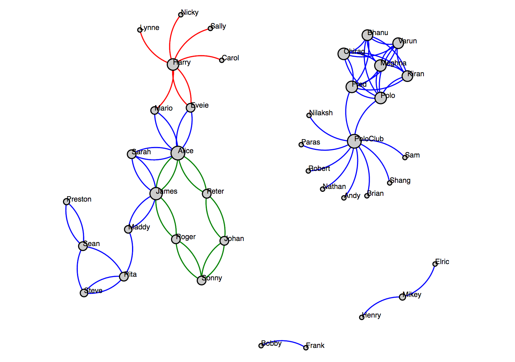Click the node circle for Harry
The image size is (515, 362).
pyautogui.click(x=173, y=65)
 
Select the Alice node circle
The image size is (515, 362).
pyautogui.click(x=178, y=153)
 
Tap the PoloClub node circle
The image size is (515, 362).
pyautogui.click(x=354, y=141)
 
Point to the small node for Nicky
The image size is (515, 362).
pyautogui.click(x=181, y=15)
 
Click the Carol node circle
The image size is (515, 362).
pyautogui.click(x=222, y=60)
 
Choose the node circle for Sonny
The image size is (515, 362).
pyautogui.click(x=201, y=280)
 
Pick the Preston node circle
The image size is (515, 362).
pyautogui.click(x=67, y=202)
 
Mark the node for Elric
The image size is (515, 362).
pyautogui.click(x=435, y=264)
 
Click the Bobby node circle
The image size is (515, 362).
pyautogui.click(x=261, y=346)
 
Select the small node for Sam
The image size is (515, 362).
pyautogui.click(x=405, y=158)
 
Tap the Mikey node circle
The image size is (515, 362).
pyautogui.click(x=402, y=297)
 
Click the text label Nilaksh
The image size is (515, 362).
pyautogui.click(x=321, y=113)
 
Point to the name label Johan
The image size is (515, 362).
pyautogui.click(x=235, y=238)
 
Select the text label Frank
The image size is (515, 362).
pyautogui.click(x=315, y=345)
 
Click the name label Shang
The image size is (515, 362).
pyautogui.click(x=400, y=180)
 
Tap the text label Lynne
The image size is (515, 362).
pyautogui.click(x=150, y=27)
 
